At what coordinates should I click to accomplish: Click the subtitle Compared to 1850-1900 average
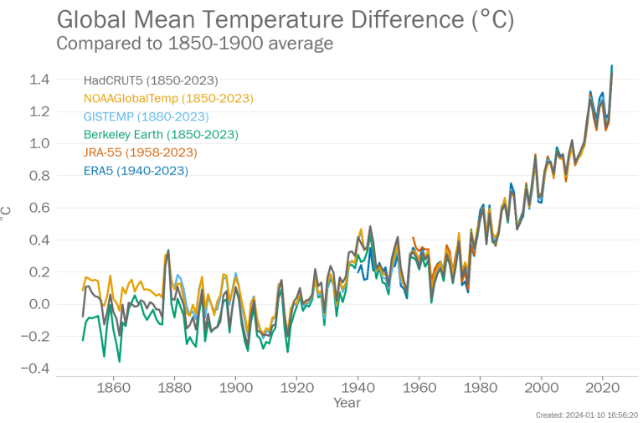194,43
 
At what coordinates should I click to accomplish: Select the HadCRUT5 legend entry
151,80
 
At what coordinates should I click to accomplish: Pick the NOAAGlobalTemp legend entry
168,98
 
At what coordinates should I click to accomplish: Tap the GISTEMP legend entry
147,116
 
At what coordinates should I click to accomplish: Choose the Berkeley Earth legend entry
161,134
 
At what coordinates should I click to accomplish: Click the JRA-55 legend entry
141,152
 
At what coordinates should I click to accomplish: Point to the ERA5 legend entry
136,170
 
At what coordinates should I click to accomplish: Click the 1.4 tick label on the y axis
40,80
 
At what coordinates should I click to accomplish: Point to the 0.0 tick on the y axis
40,304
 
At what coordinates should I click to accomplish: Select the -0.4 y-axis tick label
37,369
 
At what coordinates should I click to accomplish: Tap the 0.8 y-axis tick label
40,176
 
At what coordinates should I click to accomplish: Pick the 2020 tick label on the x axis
603,388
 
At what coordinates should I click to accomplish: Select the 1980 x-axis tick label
481,388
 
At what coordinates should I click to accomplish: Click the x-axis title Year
347,403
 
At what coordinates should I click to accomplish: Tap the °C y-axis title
8,214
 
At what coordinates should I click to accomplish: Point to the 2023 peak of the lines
612,65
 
